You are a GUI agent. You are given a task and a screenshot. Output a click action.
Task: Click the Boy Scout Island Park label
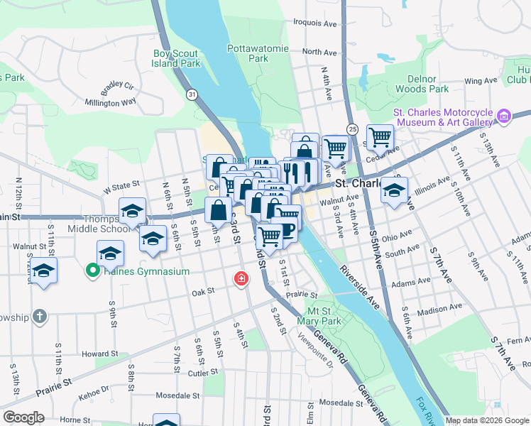(177, 58)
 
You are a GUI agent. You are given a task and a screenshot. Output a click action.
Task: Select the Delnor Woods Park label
(422, 84)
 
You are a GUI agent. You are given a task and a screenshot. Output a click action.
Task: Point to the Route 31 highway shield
(192, 94)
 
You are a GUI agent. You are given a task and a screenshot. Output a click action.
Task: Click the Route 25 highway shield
(353, 129)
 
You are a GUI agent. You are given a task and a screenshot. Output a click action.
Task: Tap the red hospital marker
(242, 278)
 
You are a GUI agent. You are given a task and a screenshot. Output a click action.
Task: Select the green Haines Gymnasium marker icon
(92, 271)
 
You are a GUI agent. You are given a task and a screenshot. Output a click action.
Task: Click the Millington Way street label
(111, 102)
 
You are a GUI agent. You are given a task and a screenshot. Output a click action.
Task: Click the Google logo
(23, 417)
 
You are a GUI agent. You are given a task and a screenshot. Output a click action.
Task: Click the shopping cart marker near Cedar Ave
(381, 137)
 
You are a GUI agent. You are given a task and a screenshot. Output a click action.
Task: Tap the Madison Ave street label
(437, 310)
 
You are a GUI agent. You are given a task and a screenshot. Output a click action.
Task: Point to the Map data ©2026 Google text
(487, 420)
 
